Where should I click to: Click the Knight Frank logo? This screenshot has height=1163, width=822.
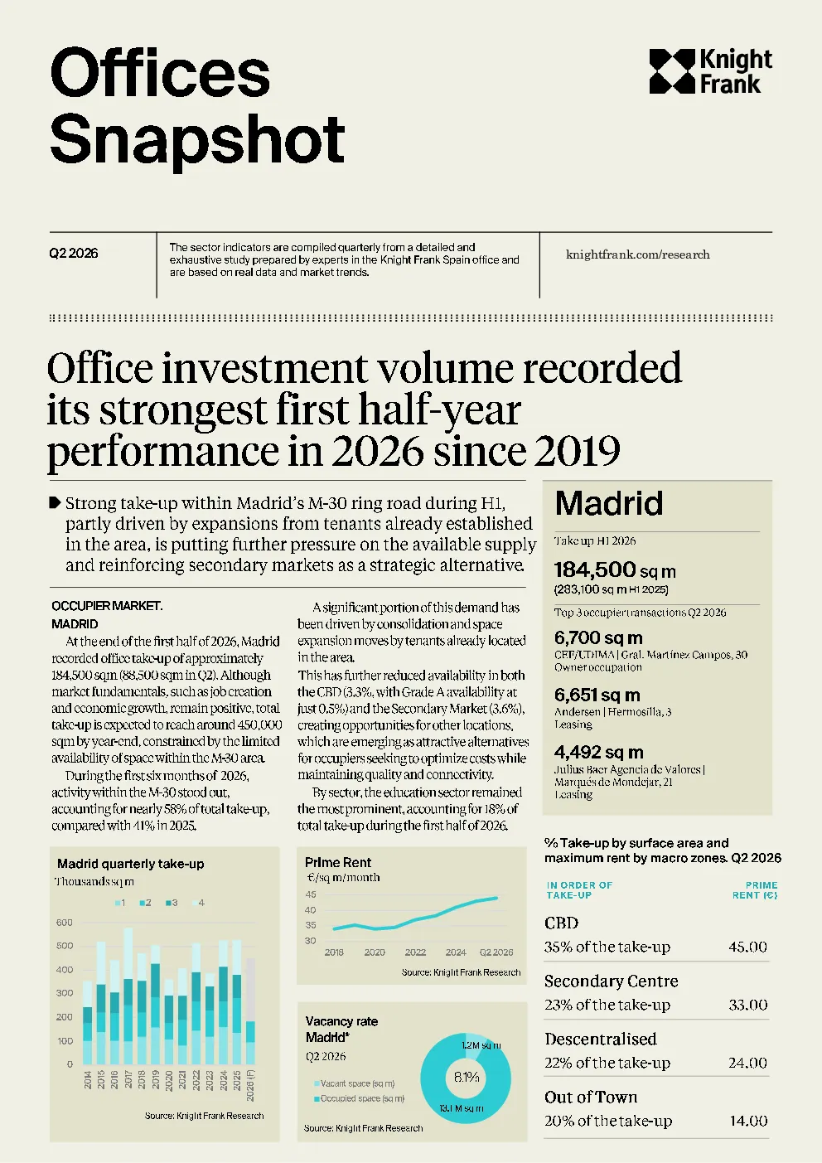tap(710, 71)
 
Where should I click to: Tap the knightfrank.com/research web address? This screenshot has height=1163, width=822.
tap(638, 254)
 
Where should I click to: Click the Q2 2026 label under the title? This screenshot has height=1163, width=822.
tap(73, 254)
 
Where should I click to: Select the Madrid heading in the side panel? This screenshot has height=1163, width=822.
tap(609, 502)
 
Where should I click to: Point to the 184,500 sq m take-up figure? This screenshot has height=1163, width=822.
tap(615, 570)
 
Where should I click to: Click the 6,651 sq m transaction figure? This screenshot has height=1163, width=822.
tap(597, 695)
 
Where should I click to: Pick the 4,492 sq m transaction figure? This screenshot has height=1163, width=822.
tap(599, 752)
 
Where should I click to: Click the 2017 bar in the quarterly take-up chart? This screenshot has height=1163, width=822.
tap(128, 996)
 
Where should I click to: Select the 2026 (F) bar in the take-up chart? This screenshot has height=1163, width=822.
tap(250, 1011)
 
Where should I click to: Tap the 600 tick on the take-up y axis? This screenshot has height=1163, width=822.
tap(65, 923)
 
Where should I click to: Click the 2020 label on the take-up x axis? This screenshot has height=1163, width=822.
tap(169, 1080)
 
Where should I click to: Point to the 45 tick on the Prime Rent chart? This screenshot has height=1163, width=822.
tap(311, 894)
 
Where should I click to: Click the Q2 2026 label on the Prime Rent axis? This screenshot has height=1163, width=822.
tap(496, 952)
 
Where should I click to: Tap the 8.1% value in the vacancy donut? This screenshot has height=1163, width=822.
tap(467, 1078)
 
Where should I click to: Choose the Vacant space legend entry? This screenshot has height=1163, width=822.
tap(355, 1083)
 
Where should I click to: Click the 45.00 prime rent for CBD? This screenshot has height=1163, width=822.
tap(747, 947)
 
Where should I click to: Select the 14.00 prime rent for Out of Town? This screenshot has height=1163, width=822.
tap(748, 1121)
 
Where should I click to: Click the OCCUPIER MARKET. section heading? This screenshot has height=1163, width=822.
tap(107, 606)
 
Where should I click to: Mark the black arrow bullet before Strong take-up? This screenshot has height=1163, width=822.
tap(55, 502)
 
